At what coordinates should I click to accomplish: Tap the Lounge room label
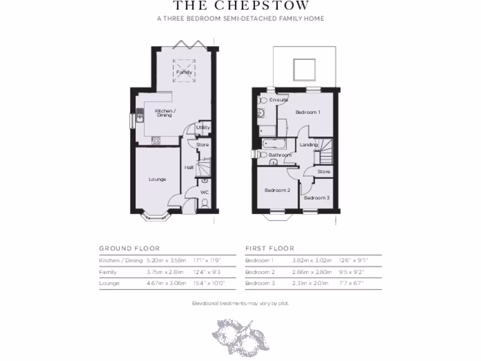click(157, 179)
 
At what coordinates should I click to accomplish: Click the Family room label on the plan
click(184, 72)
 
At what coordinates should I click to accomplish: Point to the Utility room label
click(203, 127)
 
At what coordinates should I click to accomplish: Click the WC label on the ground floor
click(204, 192)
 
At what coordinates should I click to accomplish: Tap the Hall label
click(189, 167)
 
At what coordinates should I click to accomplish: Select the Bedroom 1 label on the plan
click(308, 112)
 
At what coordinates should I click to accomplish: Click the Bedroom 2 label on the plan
click(277, 190)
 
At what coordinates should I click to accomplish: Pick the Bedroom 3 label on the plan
click(316, 198)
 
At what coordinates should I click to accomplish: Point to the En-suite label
click(278, 100)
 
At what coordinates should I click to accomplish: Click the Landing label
click(309, 145)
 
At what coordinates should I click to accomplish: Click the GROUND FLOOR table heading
click(129, 248)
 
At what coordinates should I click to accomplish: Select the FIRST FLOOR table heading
click(270, 248)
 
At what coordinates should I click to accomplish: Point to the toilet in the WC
click(204, 204)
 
